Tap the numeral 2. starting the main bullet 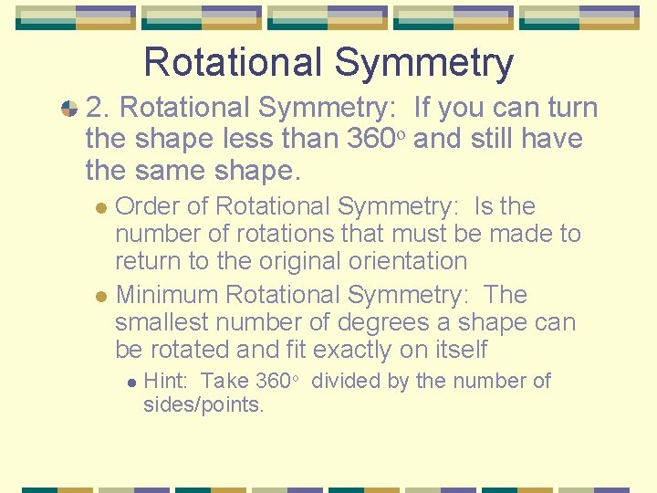pos(99,108)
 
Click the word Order pos(149,206)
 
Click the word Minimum pos(167,295)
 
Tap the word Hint pos(166,381)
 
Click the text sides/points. pos(203,404)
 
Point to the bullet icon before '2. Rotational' pos(68,109)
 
